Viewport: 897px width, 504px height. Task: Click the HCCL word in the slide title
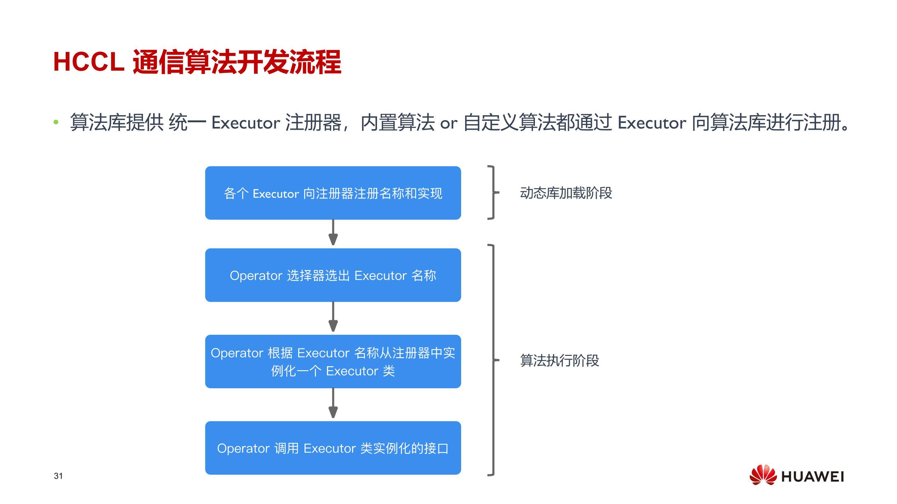pyautogui.click(x=89, y=62)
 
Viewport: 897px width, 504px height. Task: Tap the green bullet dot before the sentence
pyautogui.click(x=56, y=122)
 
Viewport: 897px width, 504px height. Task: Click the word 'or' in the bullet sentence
pyautogui.click(x=448, y=124)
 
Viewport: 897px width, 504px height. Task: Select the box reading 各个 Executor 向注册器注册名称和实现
pyautogui.click(x=333, y=193)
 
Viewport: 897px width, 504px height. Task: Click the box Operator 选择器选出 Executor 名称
pyautogui.click(x=333, y=275)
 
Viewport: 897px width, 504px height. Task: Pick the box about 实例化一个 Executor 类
pyautogui.click(x=333, y=361)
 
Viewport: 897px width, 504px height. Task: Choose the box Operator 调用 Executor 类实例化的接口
pyautogui.click(x=333, y=448)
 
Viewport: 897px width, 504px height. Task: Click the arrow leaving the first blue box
pyautogui.click(x=333, y=232)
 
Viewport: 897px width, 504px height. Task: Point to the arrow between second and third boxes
pyautogui.click(x=333, y=316)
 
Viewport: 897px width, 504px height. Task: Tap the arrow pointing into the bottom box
pyautogui.click(x=333, y=403)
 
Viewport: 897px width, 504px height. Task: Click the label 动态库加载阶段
pyautogui.click(x=566, y=193)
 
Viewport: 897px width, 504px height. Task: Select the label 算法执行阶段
pyautogui.click(x=559, y=360)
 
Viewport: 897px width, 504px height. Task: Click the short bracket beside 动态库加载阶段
pyautogui.click(x=493, y=193)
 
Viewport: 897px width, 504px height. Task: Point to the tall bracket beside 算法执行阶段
pyautogui.click(x=493, y=360)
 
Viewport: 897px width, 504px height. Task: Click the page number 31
pyautogui.click(x=58, y=476)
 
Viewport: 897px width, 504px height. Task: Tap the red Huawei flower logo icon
pyautogui.click(x=762, y=474)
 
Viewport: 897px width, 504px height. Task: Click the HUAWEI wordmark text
pyautogui.click(x=812, y=477)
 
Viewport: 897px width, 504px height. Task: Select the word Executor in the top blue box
pyautogui.click(x=276, y=194)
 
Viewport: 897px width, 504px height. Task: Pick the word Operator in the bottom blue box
pyautogui.click(x=243, y=448)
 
